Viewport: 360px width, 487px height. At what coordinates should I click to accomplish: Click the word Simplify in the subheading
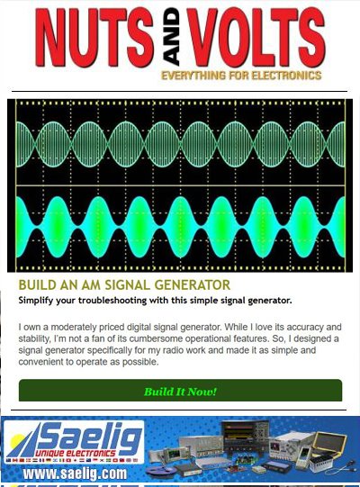(x=40, y=300)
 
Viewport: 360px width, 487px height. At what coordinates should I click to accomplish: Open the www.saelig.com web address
(x=75, y=473)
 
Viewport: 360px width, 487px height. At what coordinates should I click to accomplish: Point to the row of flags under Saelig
(x=67, y=461)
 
